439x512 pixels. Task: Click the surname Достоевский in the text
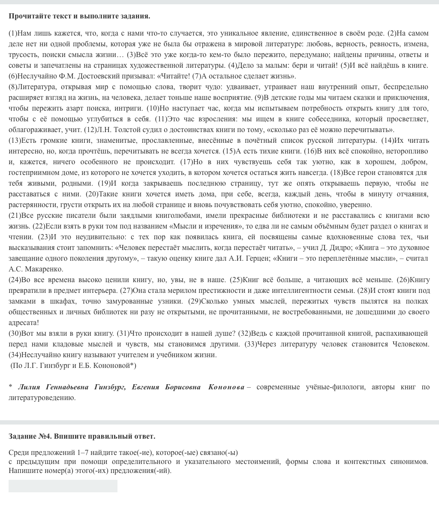(x=57, y=76)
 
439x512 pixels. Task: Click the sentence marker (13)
(x=15, y=140)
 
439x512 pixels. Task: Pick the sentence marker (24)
(x=15, y=280)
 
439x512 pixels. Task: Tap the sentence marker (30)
(x=15, y=333)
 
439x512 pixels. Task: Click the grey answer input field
(x=63, y=486)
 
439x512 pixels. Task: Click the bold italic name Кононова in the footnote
(x=226, y=387)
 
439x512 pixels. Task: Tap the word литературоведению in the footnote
(x=42, y=398)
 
